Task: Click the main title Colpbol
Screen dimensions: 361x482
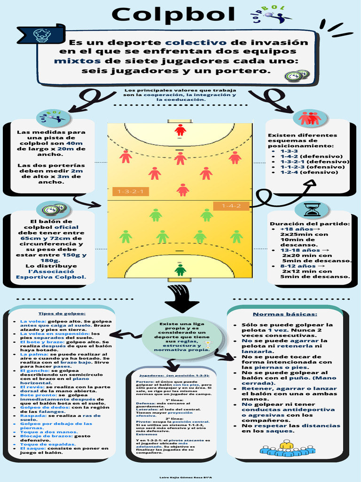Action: (173, 15)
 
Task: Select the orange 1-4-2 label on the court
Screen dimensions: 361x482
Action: (231, 206)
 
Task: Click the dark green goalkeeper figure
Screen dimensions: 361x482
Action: (180, 270)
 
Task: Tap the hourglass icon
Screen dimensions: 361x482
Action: (312, 209)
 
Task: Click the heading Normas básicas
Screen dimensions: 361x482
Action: (285, 314)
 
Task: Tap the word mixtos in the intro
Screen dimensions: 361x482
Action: (77, 61)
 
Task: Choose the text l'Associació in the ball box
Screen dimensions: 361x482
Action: (51, 271)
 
